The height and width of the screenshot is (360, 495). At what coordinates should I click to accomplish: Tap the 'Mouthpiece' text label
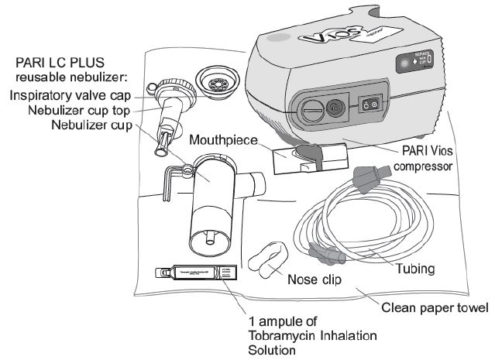tap(225, 140)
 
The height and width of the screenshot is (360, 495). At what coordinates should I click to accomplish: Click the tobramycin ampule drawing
tap(194, 273)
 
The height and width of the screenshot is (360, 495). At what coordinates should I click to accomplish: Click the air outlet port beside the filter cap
tap(335, 108)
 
